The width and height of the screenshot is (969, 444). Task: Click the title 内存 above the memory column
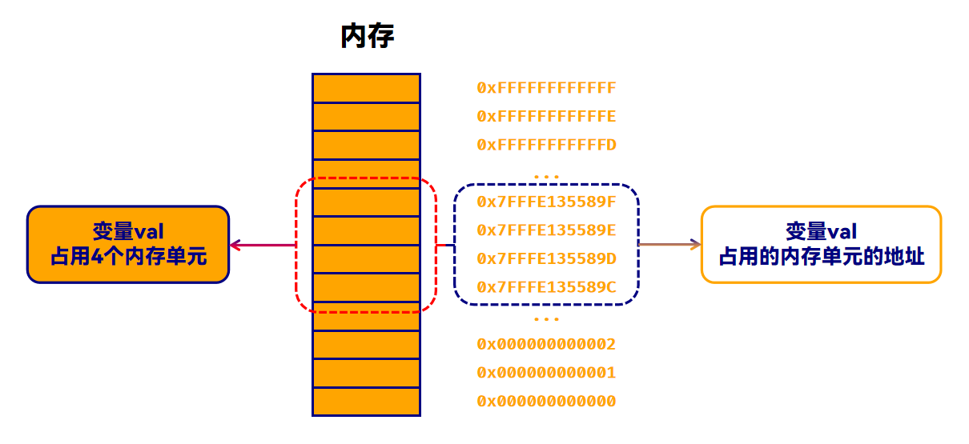[x=368, y=36]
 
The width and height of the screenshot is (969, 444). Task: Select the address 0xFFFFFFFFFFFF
[x=546, y=87]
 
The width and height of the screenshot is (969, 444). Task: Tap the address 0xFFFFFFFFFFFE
[x=546, y=117]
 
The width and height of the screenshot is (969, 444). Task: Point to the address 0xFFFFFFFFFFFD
[x=546, y=146]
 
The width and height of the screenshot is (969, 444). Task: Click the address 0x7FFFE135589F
[x=546, y=201]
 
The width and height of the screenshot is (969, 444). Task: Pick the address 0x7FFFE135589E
[x=546, y=230]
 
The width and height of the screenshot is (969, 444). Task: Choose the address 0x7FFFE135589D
[x=546, y=258]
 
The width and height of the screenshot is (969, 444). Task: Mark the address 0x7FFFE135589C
[x=546, y=287]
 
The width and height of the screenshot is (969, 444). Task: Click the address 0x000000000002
[x=546, y=345]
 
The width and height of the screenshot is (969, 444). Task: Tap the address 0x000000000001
[x=546, y=373]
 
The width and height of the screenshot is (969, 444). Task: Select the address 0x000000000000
[x=546, y=402]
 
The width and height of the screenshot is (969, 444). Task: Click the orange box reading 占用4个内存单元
[x=128, y=245]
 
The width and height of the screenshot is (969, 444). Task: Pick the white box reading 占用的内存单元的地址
[x=821, y=245]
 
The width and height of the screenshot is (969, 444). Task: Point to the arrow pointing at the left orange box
[x=261, y=245]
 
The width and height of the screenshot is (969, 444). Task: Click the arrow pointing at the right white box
[x=669, y=245]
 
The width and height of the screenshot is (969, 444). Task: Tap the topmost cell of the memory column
[x=366, y=88]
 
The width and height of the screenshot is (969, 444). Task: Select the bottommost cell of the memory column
[x=366, y=402]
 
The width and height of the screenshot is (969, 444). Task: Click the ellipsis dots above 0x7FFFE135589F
[x=546, y=176]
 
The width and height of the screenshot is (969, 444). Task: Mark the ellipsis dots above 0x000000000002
[x=546, y=319]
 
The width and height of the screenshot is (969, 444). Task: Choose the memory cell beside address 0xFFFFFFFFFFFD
[x=366, y=145]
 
